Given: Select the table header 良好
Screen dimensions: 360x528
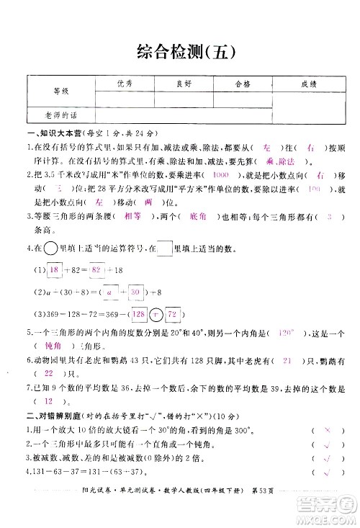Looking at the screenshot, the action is tap(184, 84).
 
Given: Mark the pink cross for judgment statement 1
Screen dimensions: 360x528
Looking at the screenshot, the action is tap(326, 429).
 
